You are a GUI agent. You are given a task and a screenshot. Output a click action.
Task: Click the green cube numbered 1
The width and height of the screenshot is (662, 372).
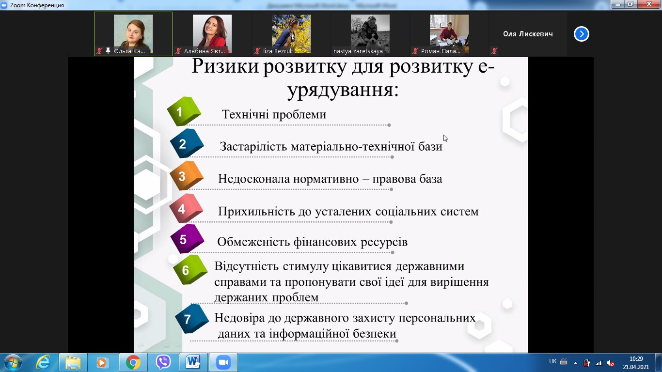[x=184, y=111]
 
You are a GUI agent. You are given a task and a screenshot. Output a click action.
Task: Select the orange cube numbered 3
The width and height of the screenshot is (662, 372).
[x=187, y=175]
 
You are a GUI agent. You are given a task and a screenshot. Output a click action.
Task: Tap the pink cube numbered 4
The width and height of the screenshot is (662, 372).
[x=186, y=208]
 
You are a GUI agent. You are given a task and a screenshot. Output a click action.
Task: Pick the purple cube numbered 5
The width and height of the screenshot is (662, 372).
[x=187, y=239]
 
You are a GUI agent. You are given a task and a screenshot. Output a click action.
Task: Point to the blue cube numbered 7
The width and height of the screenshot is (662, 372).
[x=192, y=319]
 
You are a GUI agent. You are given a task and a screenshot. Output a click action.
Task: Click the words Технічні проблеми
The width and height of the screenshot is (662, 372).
[x=274, y=114]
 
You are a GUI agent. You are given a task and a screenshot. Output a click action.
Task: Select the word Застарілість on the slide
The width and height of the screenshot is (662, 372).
[x=253, y=147]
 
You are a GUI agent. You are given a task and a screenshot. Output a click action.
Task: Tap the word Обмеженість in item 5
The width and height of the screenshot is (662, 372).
[x=253, y=242]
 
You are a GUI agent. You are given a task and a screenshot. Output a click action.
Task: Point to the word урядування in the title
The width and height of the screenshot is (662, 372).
[x=343, y=90]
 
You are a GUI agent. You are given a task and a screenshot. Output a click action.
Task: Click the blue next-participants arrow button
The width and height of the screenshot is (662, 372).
[x=582, y=34]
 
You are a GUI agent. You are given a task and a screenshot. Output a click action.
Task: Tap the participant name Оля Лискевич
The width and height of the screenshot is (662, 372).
[x=528, y=34]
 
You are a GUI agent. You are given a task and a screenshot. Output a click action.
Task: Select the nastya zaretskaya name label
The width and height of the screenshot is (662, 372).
[x=358, y=51]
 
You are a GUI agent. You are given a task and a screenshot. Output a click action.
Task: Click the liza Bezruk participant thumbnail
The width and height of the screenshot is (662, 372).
[x=291, y=34]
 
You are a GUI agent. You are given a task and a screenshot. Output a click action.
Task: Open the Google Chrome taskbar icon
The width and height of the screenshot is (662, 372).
[x=133, y=362]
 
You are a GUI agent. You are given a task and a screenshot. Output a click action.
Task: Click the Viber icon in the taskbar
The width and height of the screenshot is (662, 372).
[x=163, y=362]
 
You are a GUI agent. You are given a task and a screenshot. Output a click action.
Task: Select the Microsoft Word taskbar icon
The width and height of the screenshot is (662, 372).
[x=193, y=362]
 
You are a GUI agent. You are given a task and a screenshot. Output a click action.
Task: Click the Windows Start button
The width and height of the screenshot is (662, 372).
[x=13, y=362]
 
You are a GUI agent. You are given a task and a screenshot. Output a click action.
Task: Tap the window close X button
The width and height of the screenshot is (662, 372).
[x=649, y=4]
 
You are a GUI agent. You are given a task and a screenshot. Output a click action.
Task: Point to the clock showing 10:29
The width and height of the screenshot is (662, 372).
[x=636, y=359]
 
